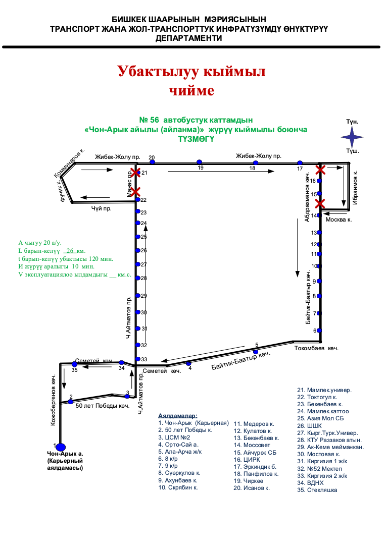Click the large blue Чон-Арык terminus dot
[61, 447]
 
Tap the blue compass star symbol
[352, 136]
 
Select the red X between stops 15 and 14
[319, 203]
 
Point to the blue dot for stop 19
[200, 162]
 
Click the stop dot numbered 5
[256, 351]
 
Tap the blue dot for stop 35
[75, 364]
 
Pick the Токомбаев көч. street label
[316, 348]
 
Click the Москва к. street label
[339, 220]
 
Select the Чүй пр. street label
[101, 208]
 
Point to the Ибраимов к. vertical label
[356, 186]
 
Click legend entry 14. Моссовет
[252, 445]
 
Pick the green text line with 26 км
[52, 251]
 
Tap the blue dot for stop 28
[137, 278]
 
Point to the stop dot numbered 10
[319, 266]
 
